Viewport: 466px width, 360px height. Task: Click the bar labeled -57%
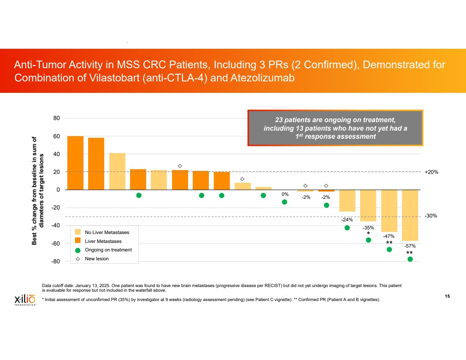click(x=410, y=215)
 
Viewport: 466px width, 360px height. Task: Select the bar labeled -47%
click(x=389, y=211)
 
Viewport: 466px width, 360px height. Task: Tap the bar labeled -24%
click(x=347, y=201)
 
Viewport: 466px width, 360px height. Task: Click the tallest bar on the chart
click(x=75, y=163)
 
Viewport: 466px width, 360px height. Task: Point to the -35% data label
click(x=368, y=228)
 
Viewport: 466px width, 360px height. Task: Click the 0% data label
click(x=285, y=194)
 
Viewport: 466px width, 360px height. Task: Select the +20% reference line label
click(x=431, y=172)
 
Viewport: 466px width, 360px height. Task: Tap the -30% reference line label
click(x=431, y=216)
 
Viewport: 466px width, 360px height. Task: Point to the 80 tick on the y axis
click(x=56, y=118)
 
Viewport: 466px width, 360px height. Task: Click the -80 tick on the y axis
click(x=55, y=262)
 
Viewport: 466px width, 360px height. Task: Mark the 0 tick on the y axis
click(x=58, y=190)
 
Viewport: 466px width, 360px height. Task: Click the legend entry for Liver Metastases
click(x=103, y=241)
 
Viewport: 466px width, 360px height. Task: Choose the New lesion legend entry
click(x=97, y=259)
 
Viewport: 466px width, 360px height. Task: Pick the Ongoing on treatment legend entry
click(x=108, y=250)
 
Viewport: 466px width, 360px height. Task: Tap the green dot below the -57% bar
click(x=410, y=259)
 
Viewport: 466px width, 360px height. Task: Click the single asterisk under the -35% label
click(x=369, y=234)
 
